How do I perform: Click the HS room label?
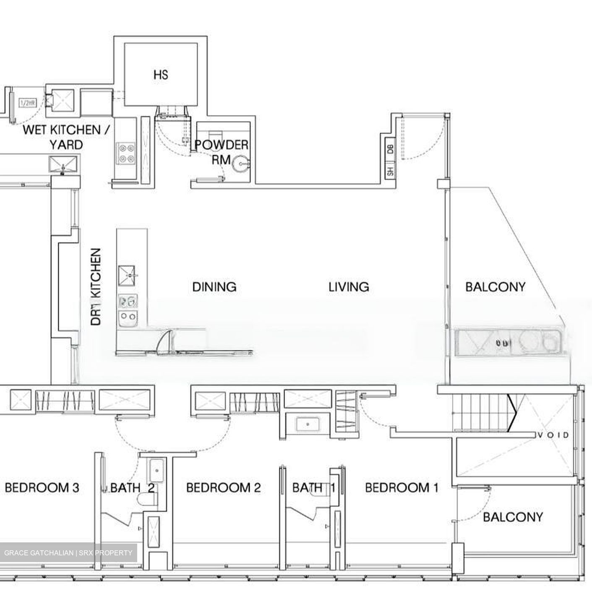click(x=161, y=75)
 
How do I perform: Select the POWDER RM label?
click(x=222, y=152)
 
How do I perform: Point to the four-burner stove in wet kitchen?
click(x=126, y=153)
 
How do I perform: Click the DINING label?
click(x=214, y=287)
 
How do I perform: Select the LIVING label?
click(x=349, y=287)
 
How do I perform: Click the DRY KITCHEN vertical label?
click(x=96, y=287)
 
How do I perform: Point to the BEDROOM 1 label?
click(x=402, y=487)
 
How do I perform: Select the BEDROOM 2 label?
click(x=223, y=487)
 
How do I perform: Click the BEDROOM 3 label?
click(x=42, y=487)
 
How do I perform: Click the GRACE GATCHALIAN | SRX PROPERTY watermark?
click(x=68, y=553)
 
